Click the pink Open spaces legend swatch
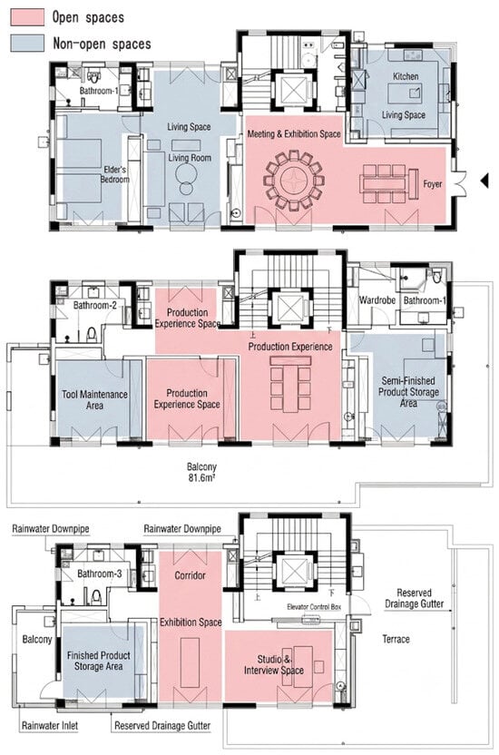pyautogui.click(x=27, y=17)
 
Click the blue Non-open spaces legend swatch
pyautogui.click(x=27, y=43)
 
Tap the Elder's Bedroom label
pyautogui.click(x=115, y=174)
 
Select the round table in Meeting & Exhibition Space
pyautogui.click(x=293, y=181)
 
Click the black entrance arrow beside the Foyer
pyautogui.click(x=484, y=181)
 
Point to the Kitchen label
pyautogui.click(x=406, y=76)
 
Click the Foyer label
pyautogui.click(x=433, y=184)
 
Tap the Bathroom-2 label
pyautogui.click(x=94, y=305)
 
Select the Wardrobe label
pyautogui.click(x=377, y=300)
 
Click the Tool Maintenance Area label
pyautogui.click(x=94, y=399)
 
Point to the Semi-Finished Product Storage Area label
pyautogui.click(x=408, y=391)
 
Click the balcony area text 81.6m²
pyautogui.click(x=201, y=478)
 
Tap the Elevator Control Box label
pyautogui.click(x=314, y=607)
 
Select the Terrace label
pyautogui.click(x=396, y=639)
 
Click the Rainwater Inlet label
pyautogui.click(x=50, y=725)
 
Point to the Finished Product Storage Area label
pyautogui.click(x=99, y=661)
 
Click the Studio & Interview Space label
pyautogui.click(x=274, y=664)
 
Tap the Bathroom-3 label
pyautogui.click(x=100, y=574)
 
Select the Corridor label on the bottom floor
pyautogui.click(x=190, y=575)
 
